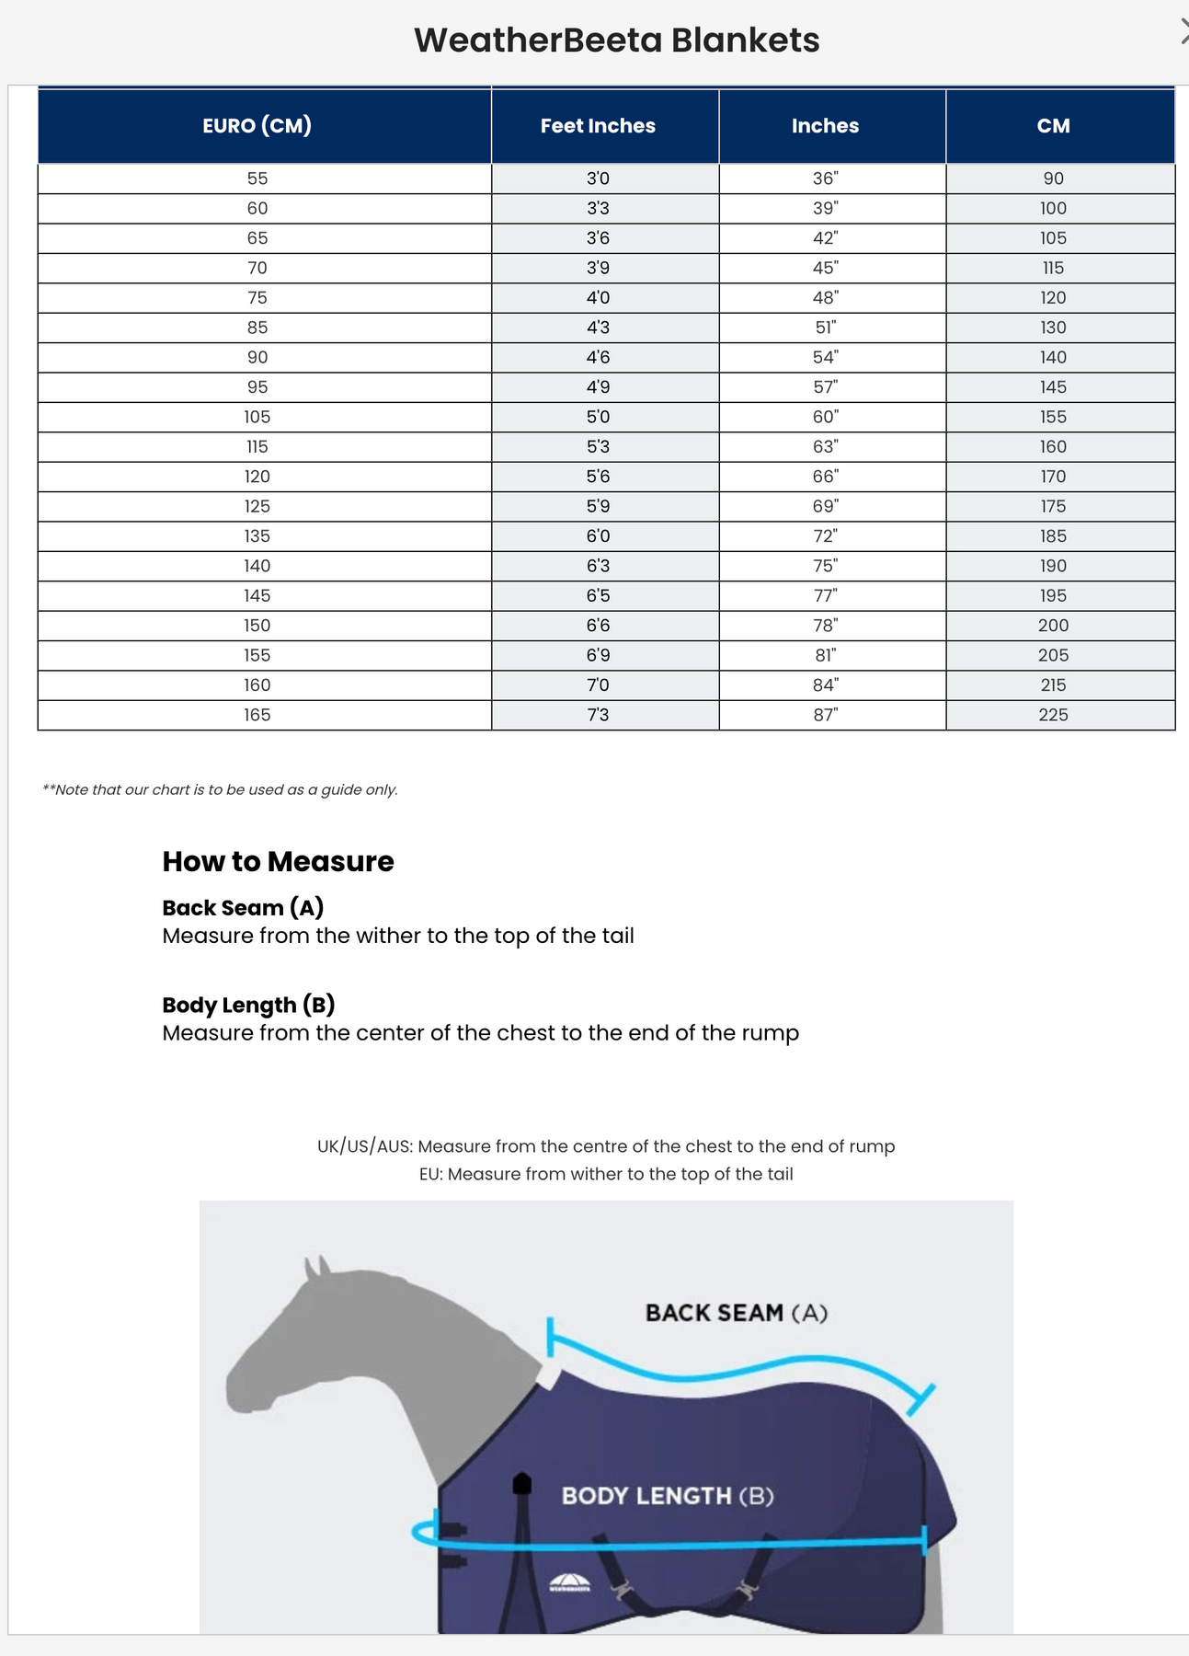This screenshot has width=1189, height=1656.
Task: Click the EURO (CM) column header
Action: pos(257,125)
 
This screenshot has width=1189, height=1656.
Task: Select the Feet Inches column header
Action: pos(598,126)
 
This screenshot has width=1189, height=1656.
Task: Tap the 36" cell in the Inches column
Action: pos(825,178)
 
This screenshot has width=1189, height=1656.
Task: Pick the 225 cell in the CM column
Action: pos(1053,715)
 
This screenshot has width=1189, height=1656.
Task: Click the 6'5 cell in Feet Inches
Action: pos(598,595)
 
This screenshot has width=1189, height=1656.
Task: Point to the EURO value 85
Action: pos(257,328)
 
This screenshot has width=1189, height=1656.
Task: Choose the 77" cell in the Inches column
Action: pos(825,595)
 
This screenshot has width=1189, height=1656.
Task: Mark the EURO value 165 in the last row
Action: pos(257,715)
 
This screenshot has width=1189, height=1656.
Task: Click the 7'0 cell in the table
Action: pos(598,685)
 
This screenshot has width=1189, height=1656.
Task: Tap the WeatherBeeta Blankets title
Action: pos(616,40)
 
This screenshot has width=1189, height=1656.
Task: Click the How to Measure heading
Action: pos(278,861)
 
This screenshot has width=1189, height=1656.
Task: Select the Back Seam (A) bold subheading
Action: pos(243,908)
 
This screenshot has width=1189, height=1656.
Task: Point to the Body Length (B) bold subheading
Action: pos(248,1005)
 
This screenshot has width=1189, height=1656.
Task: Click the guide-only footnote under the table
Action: pos(220,789)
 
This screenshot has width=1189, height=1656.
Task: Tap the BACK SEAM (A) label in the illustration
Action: pos(736,1313)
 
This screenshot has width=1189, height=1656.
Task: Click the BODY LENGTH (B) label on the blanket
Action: pos(668,1496)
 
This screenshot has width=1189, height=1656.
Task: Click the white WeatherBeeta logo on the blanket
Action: pos(569,1583)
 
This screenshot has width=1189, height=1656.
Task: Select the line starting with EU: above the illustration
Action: pos(606,1174)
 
